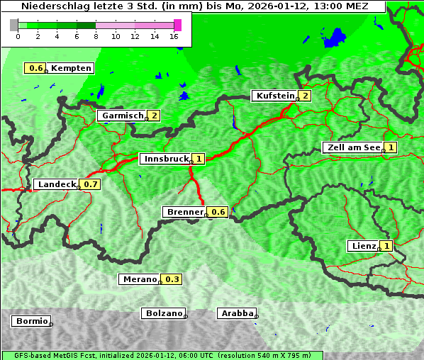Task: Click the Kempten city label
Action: tap(71, 68)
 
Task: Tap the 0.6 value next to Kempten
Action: tap(35, 68)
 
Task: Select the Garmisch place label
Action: tap(122, 116)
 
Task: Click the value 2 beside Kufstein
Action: tap(305, 96)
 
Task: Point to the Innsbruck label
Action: tap(164, 159)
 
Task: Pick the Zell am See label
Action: tap(352, 147)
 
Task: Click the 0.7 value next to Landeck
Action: tap(91, 184)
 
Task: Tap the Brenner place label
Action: tap(184, 212)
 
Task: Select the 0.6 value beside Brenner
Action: tap(218, 212)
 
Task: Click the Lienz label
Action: tap(362, 246)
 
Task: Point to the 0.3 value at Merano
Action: tap(172, 279)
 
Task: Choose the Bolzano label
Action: tap(164, 313)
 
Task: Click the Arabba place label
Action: tap(236, 313)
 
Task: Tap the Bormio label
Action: tap(30, 321)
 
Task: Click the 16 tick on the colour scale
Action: tap(174, 37)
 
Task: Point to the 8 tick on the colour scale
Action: tap(96, 37)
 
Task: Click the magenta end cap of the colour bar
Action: tap(177, 25)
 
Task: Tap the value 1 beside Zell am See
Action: tap(391, 147)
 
